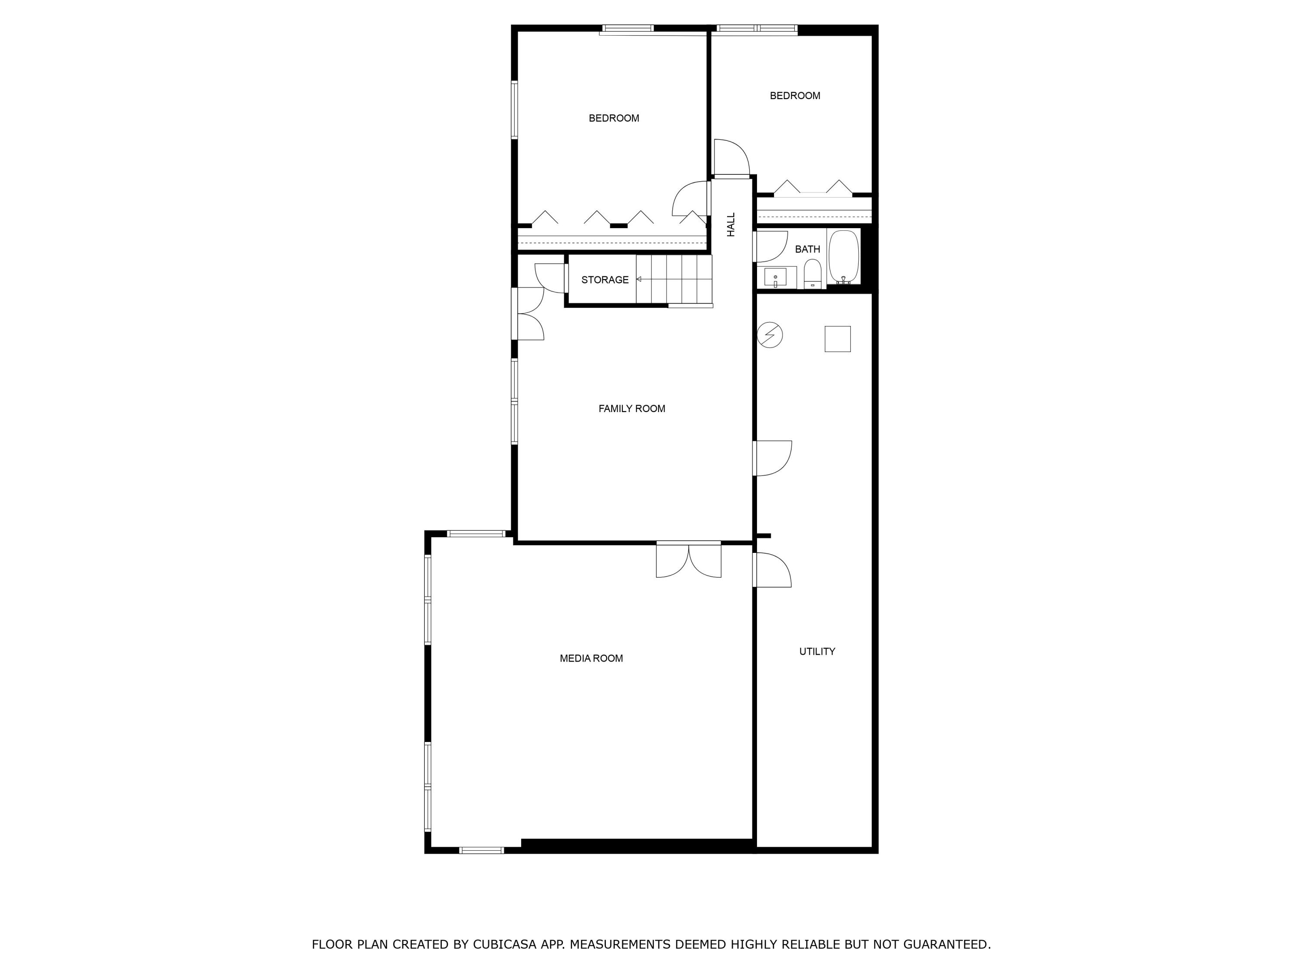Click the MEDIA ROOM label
click(591, 659)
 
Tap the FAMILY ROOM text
click(632, 409)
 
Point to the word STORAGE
click(605, 280)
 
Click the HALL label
click(731, 225)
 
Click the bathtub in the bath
click(843, 257)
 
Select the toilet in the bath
click(812, 274)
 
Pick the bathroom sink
click(775, 277)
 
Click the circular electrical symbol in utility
click(769, 335)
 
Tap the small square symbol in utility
click(837, 339)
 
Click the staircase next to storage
click(675, 279)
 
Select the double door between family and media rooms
click(688, 559)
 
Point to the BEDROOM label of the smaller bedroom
click(795, 96)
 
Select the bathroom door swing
click(770, 246)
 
